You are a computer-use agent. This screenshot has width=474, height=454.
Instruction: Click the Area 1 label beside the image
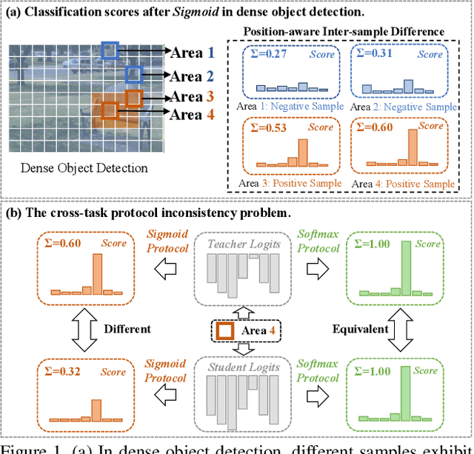193,53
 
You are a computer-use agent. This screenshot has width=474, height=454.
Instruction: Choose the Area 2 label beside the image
193,76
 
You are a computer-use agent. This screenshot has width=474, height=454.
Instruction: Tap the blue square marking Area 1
110,50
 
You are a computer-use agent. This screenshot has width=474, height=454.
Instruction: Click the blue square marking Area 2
133,73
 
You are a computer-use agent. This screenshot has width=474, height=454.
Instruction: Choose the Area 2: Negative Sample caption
404,107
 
